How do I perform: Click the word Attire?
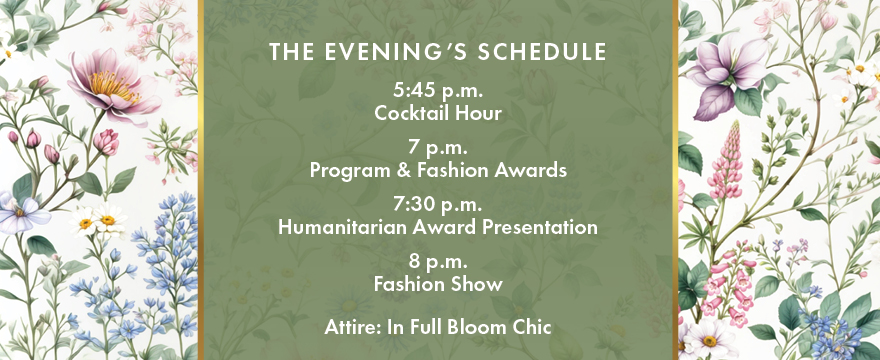click(351, 326)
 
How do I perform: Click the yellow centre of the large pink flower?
click(113, 84)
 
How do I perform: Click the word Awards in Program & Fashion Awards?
click(536, 171)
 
